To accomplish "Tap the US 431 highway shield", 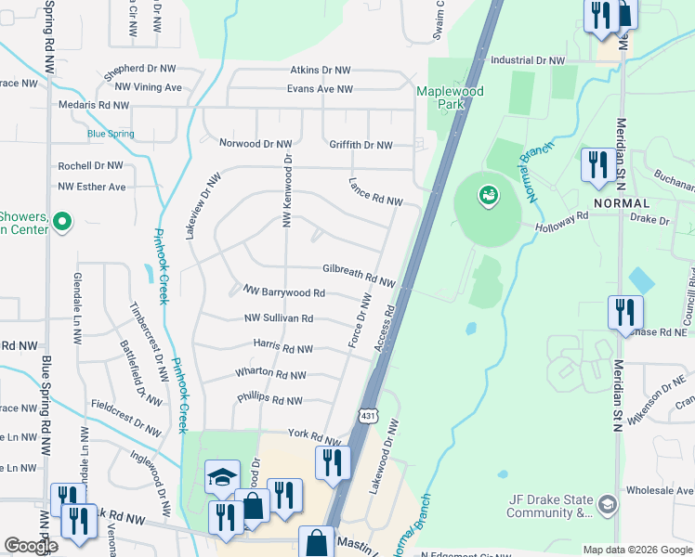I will coord(369,415).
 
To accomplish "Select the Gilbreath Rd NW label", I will coord(359,274).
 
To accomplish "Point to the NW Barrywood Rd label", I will coord(283,292).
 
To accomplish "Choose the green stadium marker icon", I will coord(488,196).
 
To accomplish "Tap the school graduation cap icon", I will coord(222,477).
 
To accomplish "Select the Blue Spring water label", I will coord(111,134).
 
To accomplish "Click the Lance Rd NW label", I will coord(375,192).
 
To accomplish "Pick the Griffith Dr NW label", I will coord(361,145).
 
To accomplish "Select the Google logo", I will coord(31,546).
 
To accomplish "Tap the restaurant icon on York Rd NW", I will coord(333,461).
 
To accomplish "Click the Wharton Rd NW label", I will coord(271,372).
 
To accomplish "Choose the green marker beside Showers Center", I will coord(62,222).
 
